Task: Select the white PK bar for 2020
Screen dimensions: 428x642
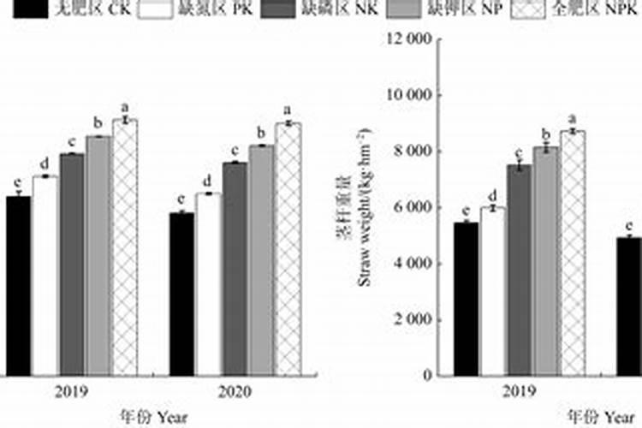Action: pos(208,284)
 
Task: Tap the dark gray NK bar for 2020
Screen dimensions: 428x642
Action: pos(235,269)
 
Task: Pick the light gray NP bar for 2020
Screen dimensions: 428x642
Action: pos(261,260)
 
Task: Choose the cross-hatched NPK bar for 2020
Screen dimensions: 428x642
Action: pos(288,249)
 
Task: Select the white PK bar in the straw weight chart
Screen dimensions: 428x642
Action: pos(492,291)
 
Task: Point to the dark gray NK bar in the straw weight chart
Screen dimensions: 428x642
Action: pos(519,270)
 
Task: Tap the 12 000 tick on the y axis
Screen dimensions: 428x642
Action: pos(407,39)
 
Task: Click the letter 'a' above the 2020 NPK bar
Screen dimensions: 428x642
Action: pos(288,110)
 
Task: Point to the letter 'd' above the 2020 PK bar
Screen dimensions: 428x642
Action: pos(207,181)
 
